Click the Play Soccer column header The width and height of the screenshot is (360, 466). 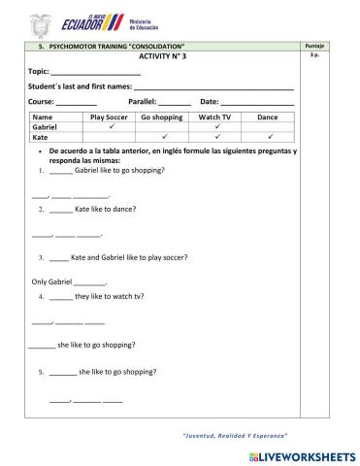pyautogui.click(x=109, y=116)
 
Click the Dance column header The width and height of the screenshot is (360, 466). pyautogui.click(x=267, y=116)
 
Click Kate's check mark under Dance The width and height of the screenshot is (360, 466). pyautogui.click(x=267, y=138)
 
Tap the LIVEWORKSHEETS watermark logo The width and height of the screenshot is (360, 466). pyautogui.click(x=297, y=454)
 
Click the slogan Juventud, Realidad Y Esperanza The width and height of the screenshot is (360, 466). pyautogui.click(x=236, y=434)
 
